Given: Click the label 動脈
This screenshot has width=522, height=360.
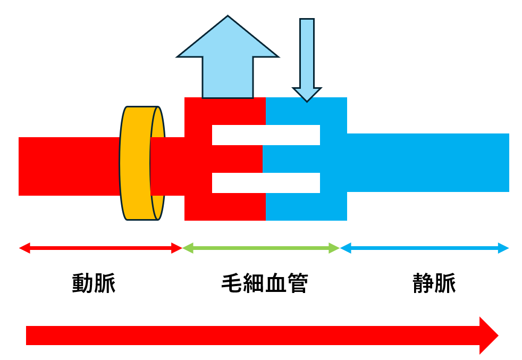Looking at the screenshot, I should tap(94, 283).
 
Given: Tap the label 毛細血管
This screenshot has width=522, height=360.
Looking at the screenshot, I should tap(264, 283).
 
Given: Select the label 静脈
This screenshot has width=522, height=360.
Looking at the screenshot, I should tap(434, 283).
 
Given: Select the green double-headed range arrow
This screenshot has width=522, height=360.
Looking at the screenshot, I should tap(261, 248).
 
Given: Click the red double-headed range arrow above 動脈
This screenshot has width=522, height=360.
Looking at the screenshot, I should tap(100, 248).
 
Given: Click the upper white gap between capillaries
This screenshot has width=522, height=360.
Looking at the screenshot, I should tap(266, 135).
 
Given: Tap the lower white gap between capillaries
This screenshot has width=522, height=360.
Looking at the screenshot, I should tap(266, 182).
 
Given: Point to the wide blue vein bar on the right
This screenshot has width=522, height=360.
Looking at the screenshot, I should tap(428, 162).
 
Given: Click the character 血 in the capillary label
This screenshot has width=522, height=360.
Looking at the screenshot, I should tap(275, 283).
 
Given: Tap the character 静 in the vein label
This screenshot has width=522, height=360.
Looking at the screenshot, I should tap(423, 283).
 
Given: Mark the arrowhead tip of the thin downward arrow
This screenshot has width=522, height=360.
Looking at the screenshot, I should tap(307, 101).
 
